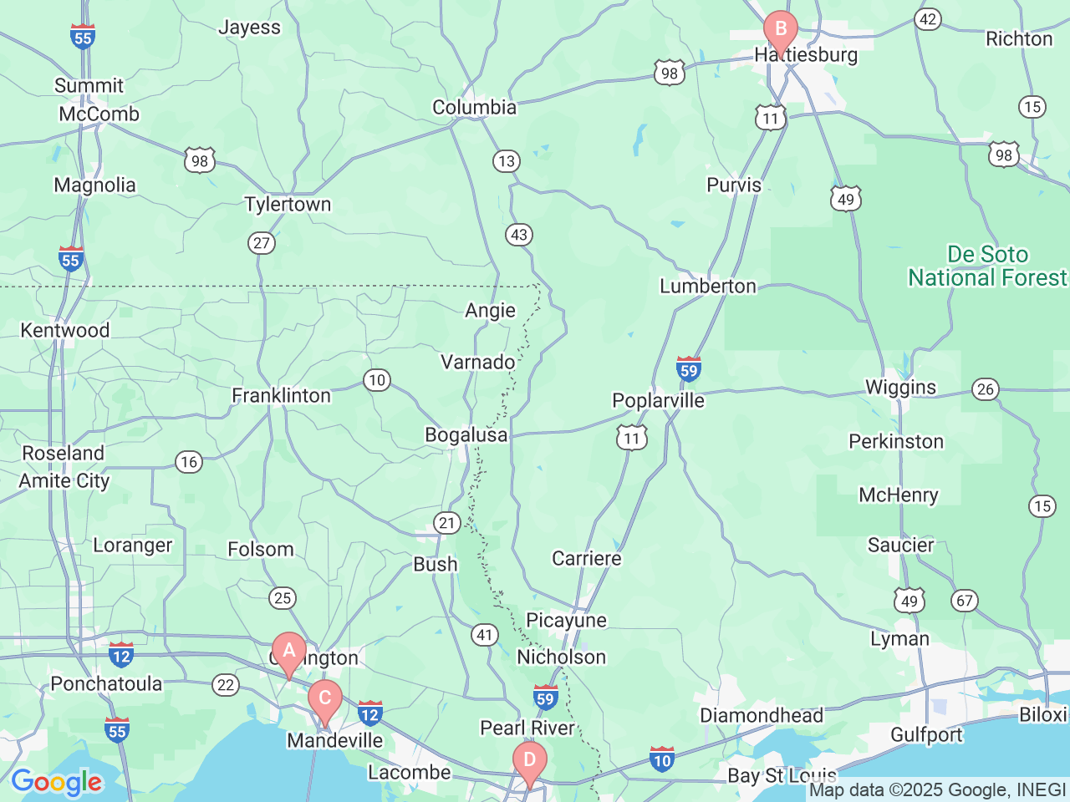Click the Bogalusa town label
pos(466,435)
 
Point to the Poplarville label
pos(658,401)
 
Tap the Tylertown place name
pos(288,205)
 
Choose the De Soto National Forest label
pos(987,266)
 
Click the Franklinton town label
pos(281,395)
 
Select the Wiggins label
pos(900,388)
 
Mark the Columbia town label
pos(474,108)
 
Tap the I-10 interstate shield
pos(662,759)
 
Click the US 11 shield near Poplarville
pos(632,438)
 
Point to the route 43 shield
pos(519,235)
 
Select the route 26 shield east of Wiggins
pos(986,388)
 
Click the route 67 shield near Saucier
pos(965,601)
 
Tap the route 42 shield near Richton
pos(928,19)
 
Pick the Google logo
pos(56,783)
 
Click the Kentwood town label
pos(65,331)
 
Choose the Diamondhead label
pos(762,716)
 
